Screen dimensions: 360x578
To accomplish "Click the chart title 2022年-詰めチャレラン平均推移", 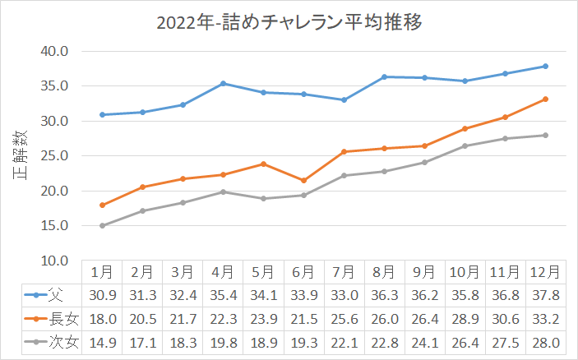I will [289, 22].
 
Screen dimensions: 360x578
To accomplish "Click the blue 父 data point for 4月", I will [223, 83].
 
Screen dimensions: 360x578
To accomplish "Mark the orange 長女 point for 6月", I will [303, 180].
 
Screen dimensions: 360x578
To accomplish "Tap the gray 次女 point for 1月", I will [102, 225].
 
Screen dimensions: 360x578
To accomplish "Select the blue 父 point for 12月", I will [545, 67].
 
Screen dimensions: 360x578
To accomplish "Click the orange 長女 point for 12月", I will [545, 99].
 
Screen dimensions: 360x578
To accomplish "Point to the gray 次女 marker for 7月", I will [344, 175].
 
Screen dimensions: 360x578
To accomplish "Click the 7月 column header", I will [344, 270].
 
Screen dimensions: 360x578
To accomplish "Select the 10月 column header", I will [465, 270].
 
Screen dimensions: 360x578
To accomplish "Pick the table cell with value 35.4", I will [223, 294].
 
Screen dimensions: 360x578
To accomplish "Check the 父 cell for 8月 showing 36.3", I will [384, 294].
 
